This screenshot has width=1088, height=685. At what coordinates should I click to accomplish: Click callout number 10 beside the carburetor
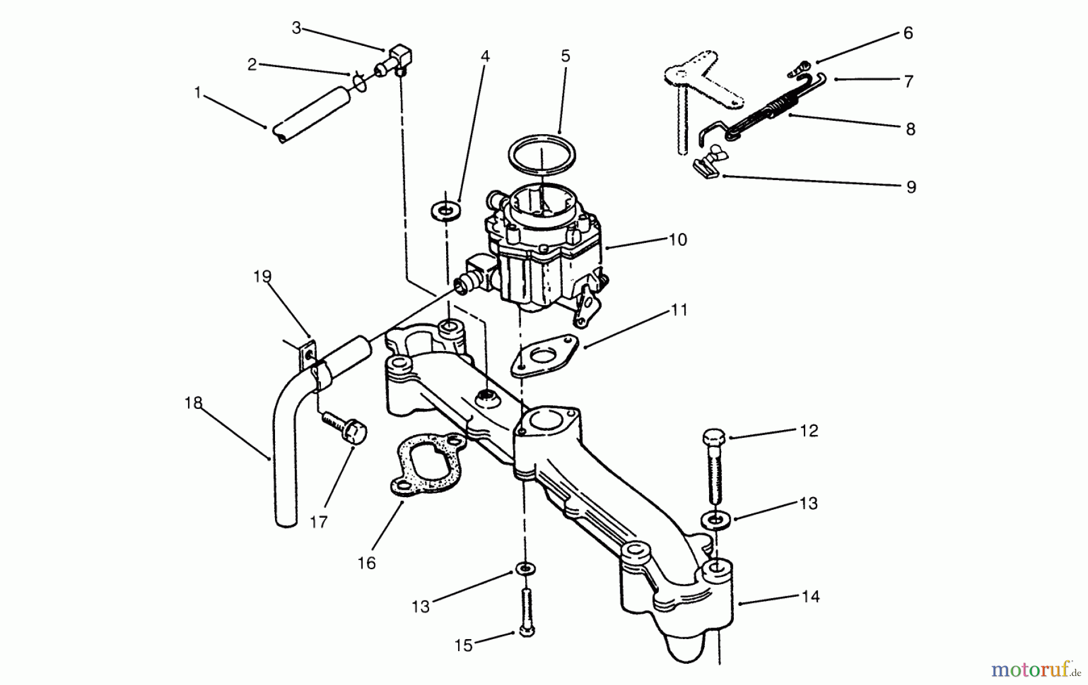coord(678,240)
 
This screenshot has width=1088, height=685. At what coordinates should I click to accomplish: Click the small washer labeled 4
coord(445,211)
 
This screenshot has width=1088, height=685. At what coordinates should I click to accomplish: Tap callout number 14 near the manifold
coord(810,597)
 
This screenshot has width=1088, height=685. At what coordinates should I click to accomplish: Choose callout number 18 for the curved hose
coord(193,403)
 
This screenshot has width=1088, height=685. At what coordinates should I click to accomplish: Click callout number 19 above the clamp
coord(262,277)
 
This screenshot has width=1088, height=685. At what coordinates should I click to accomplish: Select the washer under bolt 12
coord(715,519)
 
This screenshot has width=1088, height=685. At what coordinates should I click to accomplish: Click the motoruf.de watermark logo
coord(1035,669)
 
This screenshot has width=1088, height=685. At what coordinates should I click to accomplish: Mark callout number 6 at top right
coord(908,33)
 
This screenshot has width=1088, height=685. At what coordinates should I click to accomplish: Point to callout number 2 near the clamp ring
coord(253,65)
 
